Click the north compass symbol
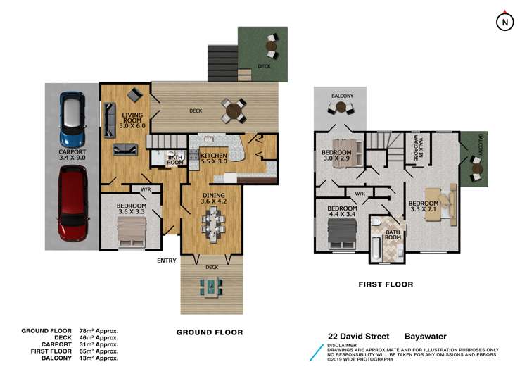pos(504,22)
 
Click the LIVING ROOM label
pos(133,119)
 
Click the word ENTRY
pos(167,261)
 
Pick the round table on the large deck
pos(232,110)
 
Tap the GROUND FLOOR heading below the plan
pos(209,332)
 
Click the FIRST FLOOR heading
pos(385,284)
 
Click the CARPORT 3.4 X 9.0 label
pos(72,155)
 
